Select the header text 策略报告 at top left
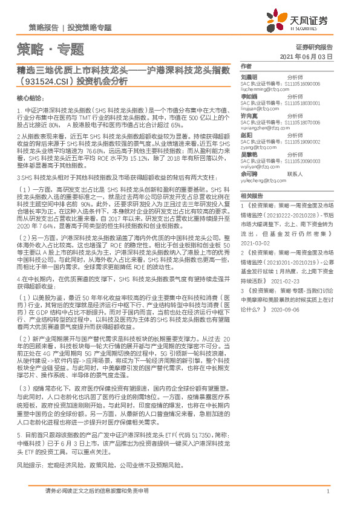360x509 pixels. [44, 28]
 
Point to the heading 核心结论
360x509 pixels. [30, 97]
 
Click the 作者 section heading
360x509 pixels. [246, 66]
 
